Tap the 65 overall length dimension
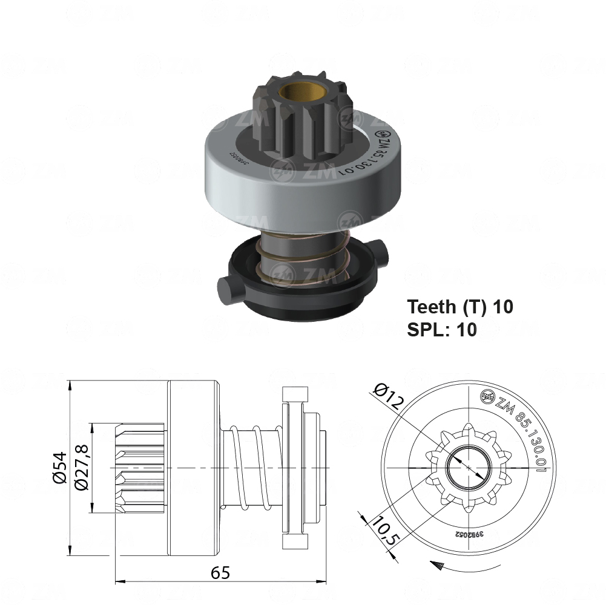[x=222, y=572]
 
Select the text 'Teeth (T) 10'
[x=460, y=307]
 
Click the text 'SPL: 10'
[x=442, y=329]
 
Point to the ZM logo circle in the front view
[x=486, y=396]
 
